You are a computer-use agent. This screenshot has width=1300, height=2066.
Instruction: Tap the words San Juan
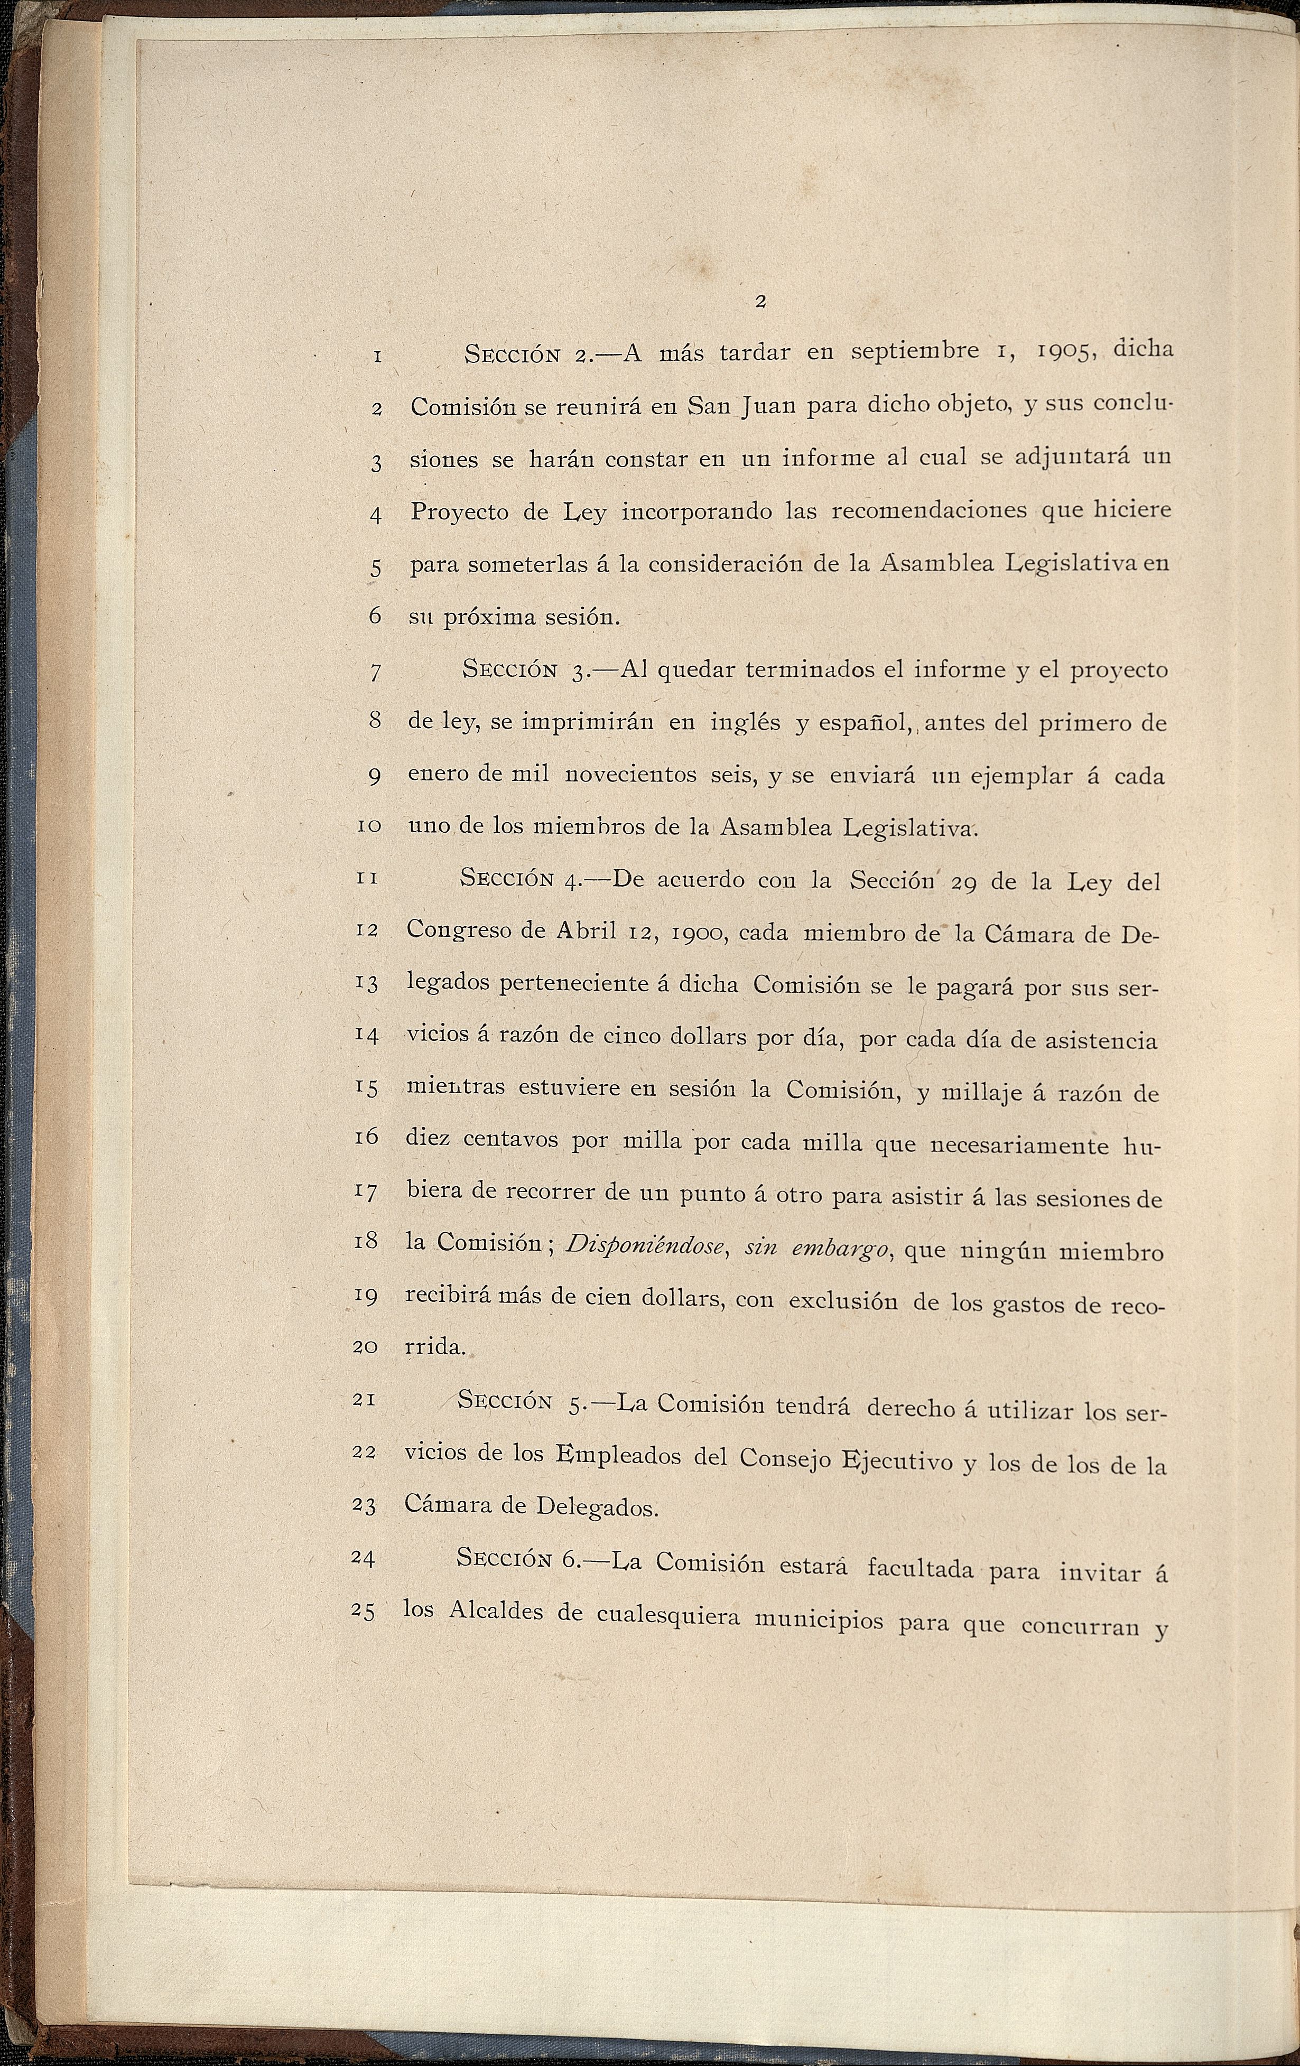click(x=740, y=405)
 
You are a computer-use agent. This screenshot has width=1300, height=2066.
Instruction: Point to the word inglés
click(x=745, y=722)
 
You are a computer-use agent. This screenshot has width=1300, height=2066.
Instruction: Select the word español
click(x=863, y=723)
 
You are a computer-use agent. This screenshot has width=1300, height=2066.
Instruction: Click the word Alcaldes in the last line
click(x=496, y=1609)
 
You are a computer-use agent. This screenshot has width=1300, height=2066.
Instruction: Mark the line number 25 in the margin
click(x=364, y=1611)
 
